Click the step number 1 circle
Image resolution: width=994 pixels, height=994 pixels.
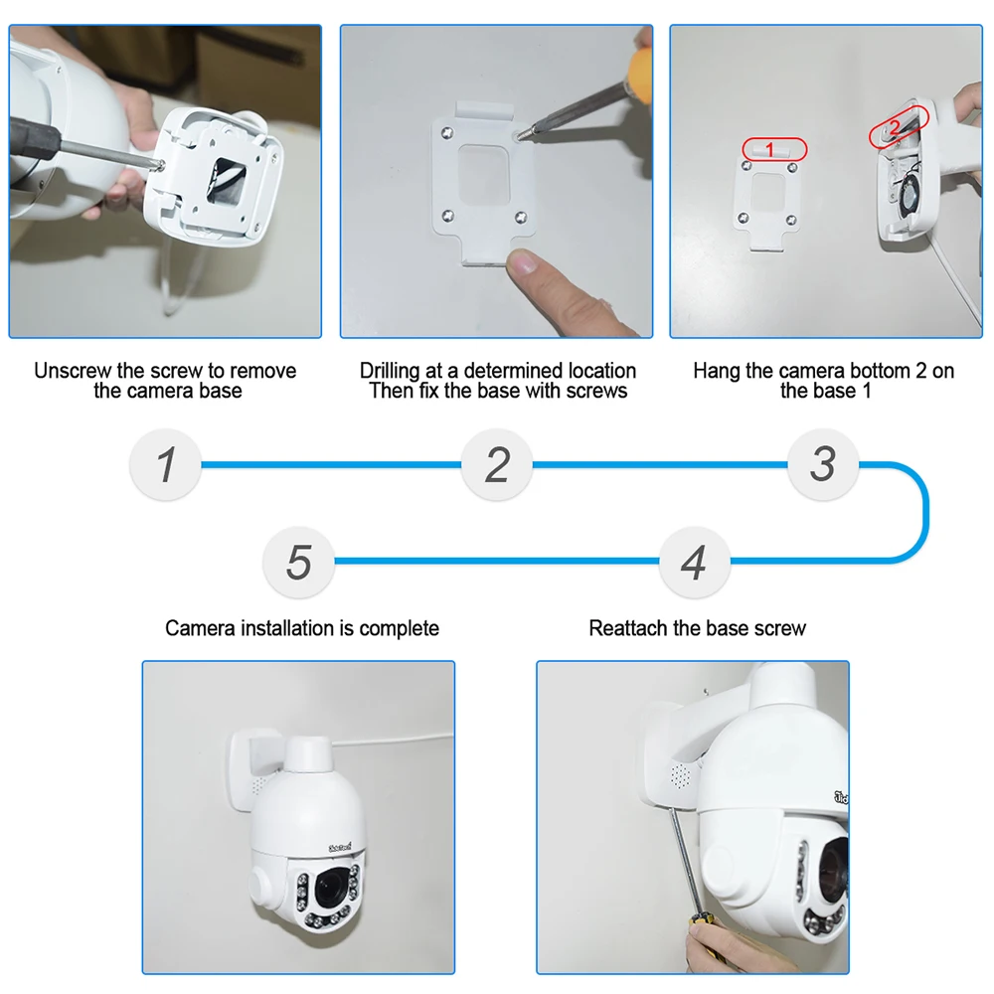click(166, 465)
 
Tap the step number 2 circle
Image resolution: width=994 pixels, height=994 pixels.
click(497, 465)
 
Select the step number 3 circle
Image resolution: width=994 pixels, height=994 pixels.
click(822, 464)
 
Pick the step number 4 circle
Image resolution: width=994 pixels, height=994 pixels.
click(695, 563)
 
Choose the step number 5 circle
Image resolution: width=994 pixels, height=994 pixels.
click(298, 563)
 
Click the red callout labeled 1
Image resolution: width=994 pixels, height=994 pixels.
click(773, 149)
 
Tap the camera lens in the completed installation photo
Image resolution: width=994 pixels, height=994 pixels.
click(331, 883)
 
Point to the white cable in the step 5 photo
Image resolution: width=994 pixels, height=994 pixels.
click(398, 737)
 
